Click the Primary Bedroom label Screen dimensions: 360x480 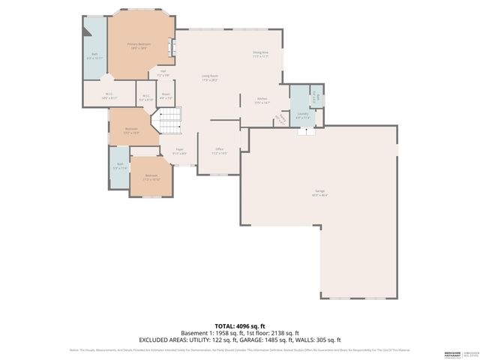click(139, 46)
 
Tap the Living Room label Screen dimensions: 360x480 click(209, 77)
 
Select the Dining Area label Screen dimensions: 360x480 click(260, 53)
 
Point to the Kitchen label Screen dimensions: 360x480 click(262, 100)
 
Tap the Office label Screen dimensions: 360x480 click(220, 151)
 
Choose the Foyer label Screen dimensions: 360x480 click(180, 151)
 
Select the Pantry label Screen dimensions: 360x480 click(282, 119)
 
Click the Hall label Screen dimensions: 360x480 click(163, 73)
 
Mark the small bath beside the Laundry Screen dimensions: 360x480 click(317, 97)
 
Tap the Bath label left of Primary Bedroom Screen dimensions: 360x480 click(94, 55)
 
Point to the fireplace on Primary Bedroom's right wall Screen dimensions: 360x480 click(172, 46)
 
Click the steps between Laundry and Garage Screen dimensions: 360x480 click(304, 131)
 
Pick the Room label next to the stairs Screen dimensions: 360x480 click(166, 96)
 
